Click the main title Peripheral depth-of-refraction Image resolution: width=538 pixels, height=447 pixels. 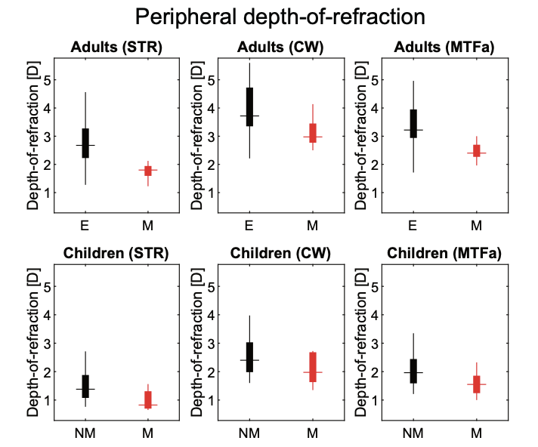coord(280,17)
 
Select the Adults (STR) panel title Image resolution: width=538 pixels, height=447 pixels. coord(116,47)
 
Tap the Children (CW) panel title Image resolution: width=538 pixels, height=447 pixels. coord(280,253)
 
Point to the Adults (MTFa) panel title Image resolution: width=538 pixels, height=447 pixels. coord(444,47)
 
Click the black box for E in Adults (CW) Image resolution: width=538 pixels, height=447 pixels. coord(249,107)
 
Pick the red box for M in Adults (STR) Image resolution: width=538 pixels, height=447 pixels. coord(148,171)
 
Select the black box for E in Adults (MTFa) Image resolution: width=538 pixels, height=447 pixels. coord(413,124)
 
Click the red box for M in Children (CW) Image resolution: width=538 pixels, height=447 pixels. coord(313,367)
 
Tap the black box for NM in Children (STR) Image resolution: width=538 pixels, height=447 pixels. coord(85,387)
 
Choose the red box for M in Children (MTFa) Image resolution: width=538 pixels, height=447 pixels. coord(477,384)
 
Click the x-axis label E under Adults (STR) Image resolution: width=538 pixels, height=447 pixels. coord(85,226)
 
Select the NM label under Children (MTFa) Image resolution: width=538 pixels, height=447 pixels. coord(413,433)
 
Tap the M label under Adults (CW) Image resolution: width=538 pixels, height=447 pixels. coord(312,226)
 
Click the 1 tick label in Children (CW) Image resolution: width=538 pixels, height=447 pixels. coord(211,399)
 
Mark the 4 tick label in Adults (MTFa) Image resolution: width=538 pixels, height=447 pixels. coord(375,108)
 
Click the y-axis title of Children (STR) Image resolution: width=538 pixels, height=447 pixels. coord(33,343)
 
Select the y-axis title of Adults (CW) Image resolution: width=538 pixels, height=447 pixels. coord(197,136)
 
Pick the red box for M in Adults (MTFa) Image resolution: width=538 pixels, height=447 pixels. coord(477,151)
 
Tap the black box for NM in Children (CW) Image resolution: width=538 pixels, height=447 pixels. coord(249,357)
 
